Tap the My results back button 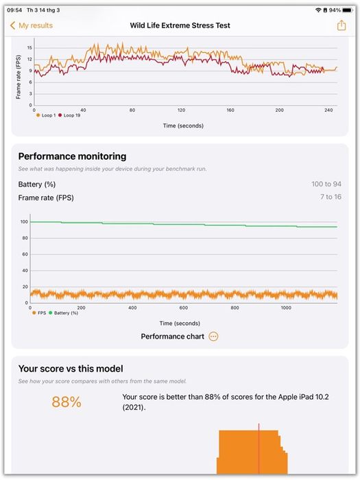32,25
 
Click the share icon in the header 341,25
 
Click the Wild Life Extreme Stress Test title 180,25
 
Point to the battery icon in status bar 347,10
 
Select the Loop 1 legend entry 46,115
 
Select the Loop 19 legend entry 69,115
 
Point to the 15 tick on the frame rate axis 29,48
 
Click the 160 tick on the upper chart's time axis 230,110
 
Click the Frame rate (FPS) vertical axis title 19,77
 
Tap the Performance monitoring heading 72,156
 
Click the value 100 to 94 326,184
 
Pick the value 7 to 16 331,197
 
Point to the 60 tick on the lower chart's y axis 25,254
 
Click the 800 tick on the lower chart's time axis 235,308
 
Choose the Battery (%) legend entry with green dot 63,313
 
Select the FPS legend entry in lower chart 39,313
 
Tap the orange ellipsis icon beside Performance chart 213,337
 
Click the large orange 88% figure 67,402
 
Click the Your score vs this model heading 71,369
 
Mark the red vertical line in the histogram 259,448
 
